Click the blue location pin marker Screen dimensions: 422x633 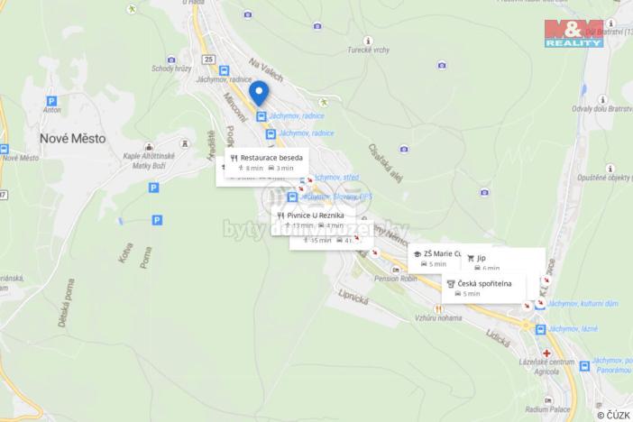coord(259,93)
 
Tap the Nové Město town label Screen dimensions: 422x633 coord(72,138)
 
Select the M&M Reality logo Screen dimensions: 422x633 coord(573,32)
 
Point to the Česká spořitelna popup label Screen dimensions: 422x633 coord(484,284)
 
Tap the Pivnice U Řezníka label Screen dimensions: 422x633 coord(310,216)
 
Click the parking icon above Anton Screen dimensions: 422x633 coord(51,101)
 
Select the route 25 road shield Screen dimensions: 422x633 coord(210,60)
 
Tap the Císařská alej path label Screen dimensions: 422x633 coord(384,160)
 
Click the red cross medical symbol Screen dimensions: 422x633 coord(546,353)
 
